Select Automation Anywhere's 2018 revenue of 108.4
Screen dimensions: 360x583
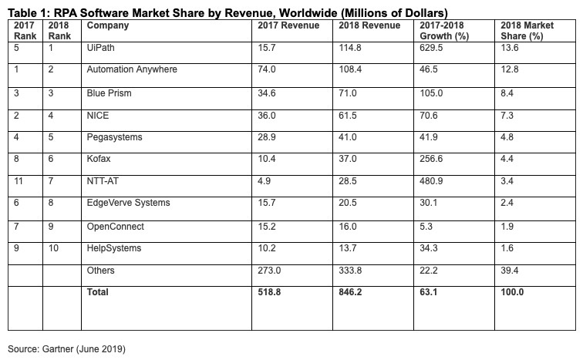352,69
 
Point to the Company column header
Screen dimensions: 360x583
108,25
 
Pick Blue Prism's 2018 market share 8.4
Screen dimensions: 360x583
507,92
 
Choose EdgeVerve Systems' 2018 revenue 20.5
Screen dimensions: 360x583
349,203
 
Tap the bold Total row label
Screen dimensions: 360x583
98,292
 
